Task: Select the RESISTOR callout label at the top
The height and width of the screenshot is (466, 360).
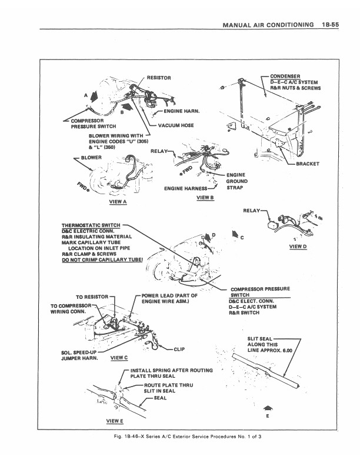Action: [x=158, y=78]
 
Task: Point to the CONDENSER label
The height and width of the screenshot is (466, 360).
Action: [x=285, y=76]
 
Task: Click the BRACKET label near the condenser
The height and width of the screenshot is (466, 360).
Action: [x=308, y=164]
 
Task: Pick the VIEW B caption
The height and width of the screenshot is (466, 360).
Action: [x=205, y=198]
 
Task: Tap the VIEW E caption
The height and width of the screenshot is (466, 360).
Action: [x=114, y=421]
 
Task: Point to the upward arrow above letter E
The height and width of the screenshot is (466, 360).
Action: [x=268, y=408]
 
